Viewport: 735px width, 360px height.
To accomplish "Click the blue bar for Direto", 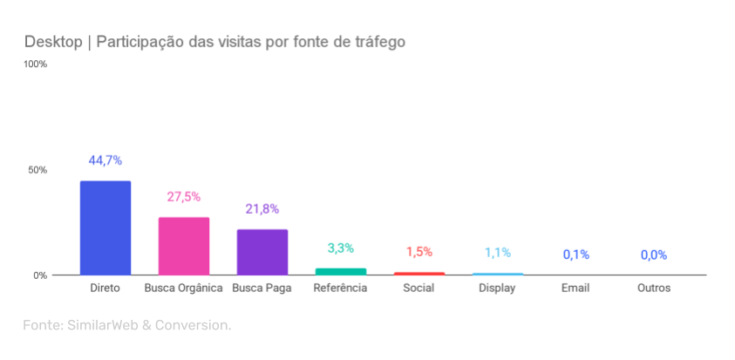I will click(105, 228).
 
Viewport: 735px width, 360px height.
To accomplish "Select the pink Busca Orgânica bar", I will click(184, 246).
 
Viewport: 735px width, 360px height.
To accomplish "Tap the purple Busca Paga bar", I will click(262, 252).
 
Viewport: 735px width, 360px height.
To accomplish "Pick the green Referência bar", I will click(341, 271).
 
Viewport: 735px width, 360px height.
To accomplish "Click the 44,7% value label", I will click(105, 160).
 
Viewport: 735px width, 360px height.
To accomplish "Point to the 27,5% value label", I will click(184, 197).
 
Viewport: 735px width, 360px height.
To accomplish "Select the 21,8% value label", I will click(262, 209).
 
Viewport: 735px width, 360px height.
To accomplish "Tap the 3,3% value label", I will click(341, 248).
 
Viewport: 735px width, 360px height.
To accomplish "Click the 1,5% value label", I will click(419, 252).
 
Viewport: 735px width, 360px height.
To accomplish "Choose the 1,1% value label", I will click(497, 253).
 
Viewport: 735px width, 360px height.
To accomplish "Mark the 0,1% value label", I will click(575, 255).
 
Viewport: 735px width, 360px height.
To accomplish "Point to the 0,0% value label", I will click(654, 255).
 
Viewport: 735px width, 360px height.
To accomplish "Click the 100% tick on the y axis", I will click(36, 65).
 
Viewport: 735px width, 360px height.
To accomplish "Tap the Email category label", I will click(575, 289).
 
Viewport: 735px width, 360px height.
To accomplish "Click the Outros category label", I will click(654, 289).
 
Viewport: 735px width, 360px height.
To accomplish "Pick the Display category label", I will click(497, 289).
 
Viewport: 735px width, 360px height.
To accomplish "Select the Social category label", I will click(419, 289).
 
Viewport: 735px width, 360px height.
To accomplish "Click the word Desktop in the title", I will click(53, 42).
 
